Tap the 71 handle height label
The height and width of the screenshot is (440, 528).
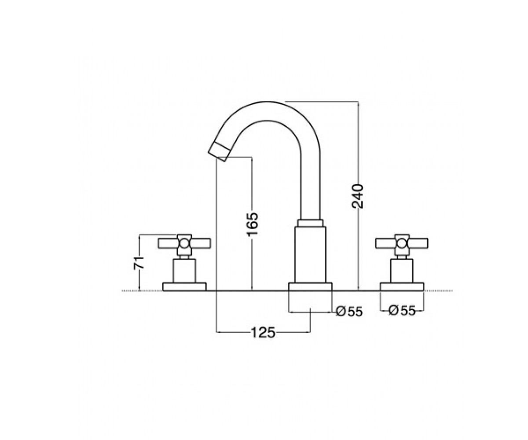138,263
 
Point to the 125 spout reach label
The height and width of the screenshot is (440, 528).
263,333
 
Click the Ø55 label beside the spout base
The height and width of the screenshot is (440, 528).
349,312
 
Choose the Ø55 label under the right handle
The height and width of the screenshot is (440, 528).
402,310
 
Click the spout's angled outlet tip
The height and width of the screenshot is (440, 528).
219,152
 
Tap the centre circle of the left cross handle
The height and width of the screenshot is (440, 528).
184,243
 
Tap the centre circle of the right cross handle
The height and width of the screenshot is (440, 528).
402,243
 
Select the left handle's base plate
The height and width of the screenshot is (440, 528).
184,286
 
